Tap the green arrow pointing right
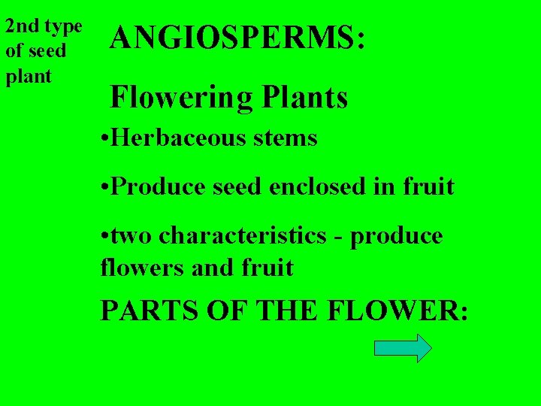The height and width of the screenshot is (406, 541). click(x=403, y=348)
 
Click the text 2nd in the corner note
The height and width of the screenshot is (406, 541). click(x=22, y=26)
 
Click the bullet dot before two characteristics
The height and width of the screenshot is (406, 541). click(x=104, y=236)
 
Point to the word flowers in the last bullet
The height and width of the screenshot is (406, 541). click(x=142, y=267)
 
